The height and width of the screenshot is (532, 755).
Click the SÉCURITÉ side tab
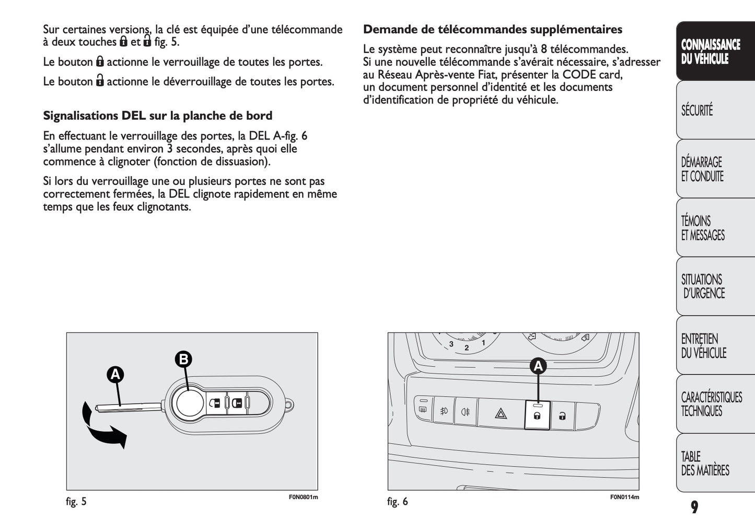click(x=715, y=110)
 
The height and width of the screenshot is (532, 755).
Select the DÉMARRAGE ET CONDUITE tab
click(x=715, y=169)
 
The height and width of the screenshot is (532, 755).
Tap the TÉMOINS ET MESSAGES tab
click(x=715, y=228)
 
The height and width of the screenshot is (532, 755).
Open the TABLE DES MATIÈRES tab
click(x=715, y=463)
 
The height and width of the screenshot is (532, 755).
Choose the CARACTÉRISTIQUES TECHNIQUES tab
click(x=715, y=404)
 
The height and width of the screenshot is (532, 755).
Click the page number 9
click(x=694, y=507)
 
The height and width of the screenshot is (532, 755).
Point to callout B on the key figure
click(x=183, y=359)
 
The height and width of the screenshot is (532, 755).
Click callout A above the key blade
click(x=115, y=375)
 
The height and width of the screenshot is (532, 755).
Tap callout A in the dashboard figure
click(x=538, y=366)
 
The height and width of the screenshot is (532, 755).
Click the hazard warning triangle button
click(x=501, y=413)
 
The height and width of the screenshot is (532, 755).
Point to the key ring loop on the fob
click(x=289, y=404)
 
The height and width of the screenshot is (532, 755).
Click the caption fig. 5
click(x=76, y=502)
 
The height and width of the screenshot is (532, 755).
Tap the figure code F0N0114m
click(x=624, y=497)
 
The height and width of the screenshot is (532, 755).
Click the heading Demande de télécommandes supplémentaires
click(x=492, y=29)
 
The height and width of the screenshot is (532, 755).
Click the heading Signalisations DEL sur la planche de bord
click(x=158, y=115)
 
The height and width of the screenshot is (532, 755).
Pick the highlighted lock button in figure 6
click(x=537, y=415)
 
